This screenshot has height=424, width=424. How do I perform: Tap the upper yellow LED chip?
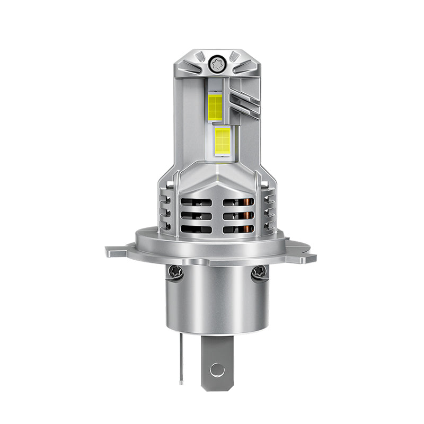click(215, 107)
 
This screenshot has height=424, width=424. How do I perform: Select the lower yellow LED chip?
click(223, 139)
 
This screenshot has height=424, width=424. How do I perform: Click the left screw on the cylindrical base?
click(176, 272)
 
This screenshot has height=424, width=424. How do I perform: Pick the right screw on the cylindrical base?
click(259, 272)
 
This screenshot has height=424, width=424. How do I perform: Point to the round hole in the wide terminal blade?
click(217, 369)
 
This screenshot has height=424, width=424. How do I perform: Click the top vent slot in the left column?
click(196, 202)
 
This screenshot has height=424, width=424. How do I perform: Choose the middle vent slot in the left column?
click(196, 216)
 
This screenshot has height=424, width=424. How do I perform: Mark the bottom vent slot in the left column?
click(196, 229)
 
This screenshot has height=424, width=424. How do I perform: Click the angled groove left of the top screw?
click(192, 67)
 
